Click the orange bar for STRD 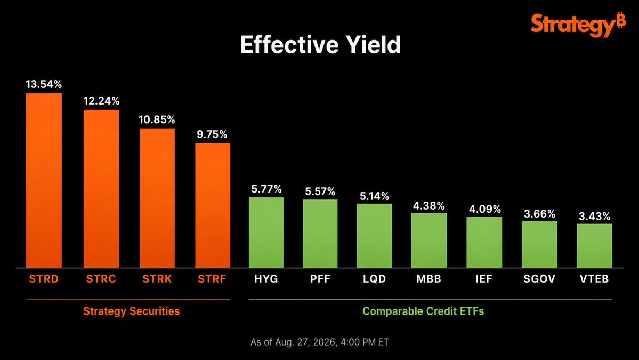pos(44,181)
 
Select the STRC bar pos(101,189)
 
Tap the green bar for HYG pos(266,233)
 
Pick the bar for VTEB pos(594,246)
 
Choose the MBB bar pos(428,241)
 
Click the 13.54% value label pos(44,84)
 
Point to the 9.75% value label pos(212,134)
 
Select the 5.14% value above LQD pos(374,196)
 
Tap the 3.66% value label pos(539,214)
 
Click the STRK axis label pos(157,279)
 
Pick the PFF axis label pos(320,279)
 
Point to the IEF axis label pos(484,279)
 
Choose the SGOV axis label pos(539,279)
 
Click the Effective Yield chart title pos(320,44)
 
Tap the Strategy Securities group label pos(132,311)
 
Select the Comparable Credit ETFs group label pos(423,311)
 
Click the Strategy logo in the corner pos(578,25)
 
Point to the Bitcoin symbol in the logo pos(621,20)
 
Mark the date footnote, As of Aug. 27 pos(320,342)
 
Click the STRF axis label pos(212,279)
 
